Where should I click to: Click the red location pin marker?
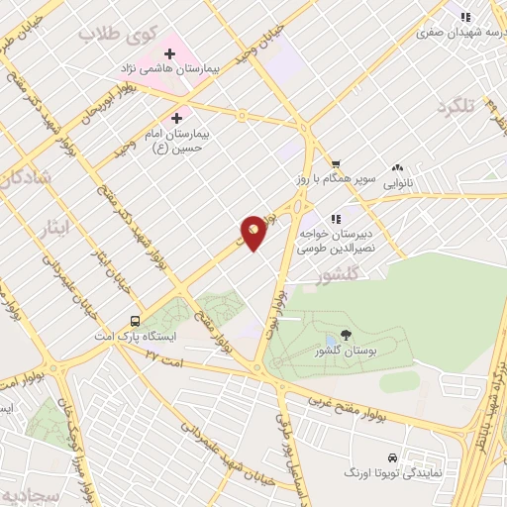pos(253,232)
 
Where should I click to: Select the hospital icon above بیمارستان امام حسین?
pos(177,117)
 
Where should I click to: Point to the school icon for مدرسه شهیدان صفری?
pos(465,16)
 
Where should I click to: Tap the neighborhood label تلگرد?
pos(458,105)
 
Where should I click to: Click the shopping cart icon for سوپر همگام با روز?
pos(336,163)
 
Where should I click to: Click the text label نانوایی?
pos(397,183)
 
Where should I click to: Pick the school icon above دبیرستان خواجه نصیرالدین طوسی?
pos(336,219)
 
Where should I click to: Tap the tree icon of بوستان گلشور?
pos(344,336)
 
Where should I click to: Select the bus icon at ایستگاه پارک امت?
pos(134,321)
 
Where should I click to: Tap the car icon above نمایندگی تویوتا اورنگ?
pos(394,458)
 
